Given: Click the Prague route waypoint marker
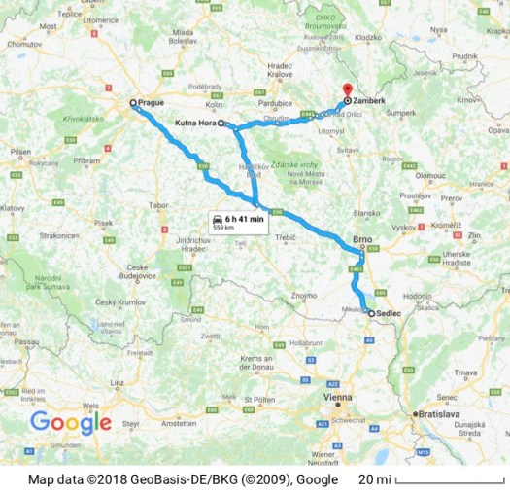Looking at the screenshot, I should coord(134,102).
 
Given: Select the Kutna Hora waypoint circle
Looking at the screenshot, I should coord(221,124).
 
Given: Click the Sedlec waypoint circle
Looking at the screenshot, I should coord(371,314).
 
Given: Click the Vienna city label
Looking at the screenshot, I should coord(340,397).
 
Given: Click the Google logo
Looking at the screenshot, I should coord(70,422).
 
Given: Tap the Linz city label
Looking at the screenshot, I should coord(119,383).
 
